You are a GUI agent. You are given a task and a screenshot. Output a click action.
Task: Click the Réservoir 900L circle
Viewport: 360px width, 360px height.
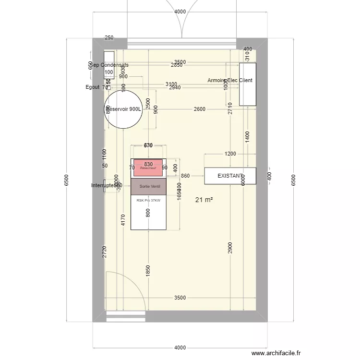pyautogui.click(x=123, y=109)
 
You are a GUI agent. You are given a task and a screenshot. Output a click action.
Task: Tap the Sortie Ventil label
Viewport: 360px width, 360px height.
pyautogui.click(x=148, y=186)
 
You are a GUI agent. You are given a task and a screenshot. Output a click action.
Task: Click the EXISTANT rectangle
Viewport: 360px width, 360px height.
pyautogui.click(x=230, y=176)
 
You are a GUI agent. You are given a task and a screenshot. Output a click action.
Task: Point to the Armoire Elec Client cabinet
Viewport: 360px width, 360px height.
pyautogui.click(x=248, y=84)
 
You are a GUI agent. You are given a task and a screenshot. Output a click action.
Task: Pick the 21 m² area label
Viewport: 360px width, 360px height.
pyautogui.click(x=204, y=200)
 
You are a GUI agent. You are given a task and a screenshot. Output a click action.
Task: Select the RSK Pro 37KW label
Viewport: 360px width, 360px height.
pyautogui.click(x=148, y=201)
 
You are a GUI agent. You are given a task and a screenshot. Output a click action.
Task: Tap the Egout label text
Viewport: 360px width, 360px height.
pyautogui.click(x=93, y=87)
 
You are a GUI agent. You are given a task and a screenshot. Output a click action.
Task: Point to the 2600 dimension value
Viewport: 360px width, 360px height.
pyautogui.click(x=199, y=109)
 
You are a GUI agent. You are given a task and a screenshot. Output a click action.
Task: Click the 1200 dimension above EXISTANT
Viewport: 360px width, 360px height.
pyautogui.click(x=230, y=154)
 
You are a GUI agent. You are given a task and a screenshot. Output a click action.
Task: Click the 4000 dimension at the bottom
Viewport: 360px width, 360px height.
pyautogui.click(x=180, y=348)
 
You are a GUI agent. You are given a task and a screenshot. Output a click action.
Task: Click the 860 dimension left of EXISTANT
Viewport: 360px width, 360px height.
pyautogui.click(x=186, y=176)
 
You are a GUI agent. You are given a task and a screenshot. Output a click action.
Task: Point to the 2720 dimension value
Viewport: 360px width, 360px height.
pyautogui.click(x=105, y=252)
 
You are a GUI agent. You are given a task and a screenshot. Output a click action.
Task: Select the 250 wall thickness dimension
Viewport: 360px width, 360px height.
pyautogui.click(x=109, y=37)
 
